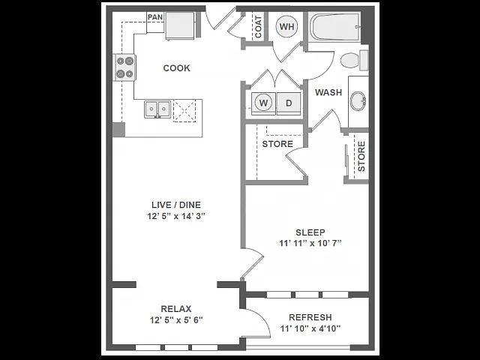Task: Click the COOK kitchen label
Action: click(x=176, y=68)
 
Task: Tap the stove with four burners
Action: click(x=125, y=67)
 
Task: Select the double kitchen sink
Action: click(x=157, y=109)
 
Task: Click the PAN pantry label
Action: click(x=155, y=17)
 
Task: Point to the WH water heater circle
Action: click(x=286, y=27)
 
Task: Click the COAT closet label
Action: click(x=258, y=27)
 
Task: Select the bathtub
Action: click(x=334, y=27)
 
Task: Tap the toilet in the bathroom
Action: click(x=354, y=60)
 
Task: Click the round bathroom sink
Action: click(x=358, y=100)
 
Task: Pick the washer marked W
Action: click(x=263, y=103)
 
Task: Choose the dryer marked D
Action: click(x=289, y=103)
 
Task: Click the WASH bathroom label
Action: click(x=328, y=92)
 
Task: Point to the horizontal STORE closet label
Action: click(x=277, y=144)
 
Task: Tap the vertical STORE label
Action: click(x=361, y=156)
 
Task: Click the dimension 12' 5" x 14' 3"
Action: click(x=176, y=216)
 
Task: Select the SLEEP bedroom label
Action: click(x=310, y=232)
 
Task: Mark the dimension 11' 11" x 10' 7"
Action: click(x=310, y=243)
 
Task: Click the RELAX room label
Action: click(x=176, y=308)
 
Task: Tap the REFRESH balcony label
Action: click(x=310, y=317)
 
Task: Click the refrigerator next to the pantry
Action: click(x=180, y=26)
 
